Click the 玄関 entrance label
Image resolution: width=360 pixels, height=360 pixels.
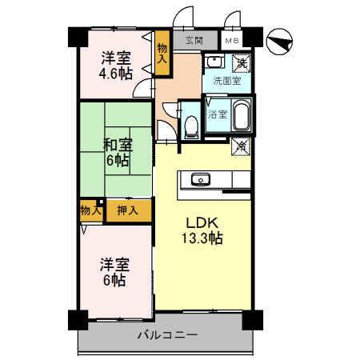point(194,40)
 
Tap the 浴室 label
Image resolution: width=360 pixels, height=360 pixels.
point(218,114)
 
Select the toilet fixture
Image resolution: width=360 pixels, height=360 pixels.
point(190,125)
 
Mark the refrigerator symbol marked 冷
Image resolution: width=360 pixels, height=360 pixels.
point(241,146)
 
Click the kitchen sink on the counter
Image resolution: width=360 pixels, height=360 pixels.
point(200,178)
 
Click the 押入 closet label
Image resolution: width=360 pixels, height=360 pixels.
point(128,210)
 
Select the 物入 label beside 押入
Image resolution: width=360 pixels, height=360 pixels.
point(91,210)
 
